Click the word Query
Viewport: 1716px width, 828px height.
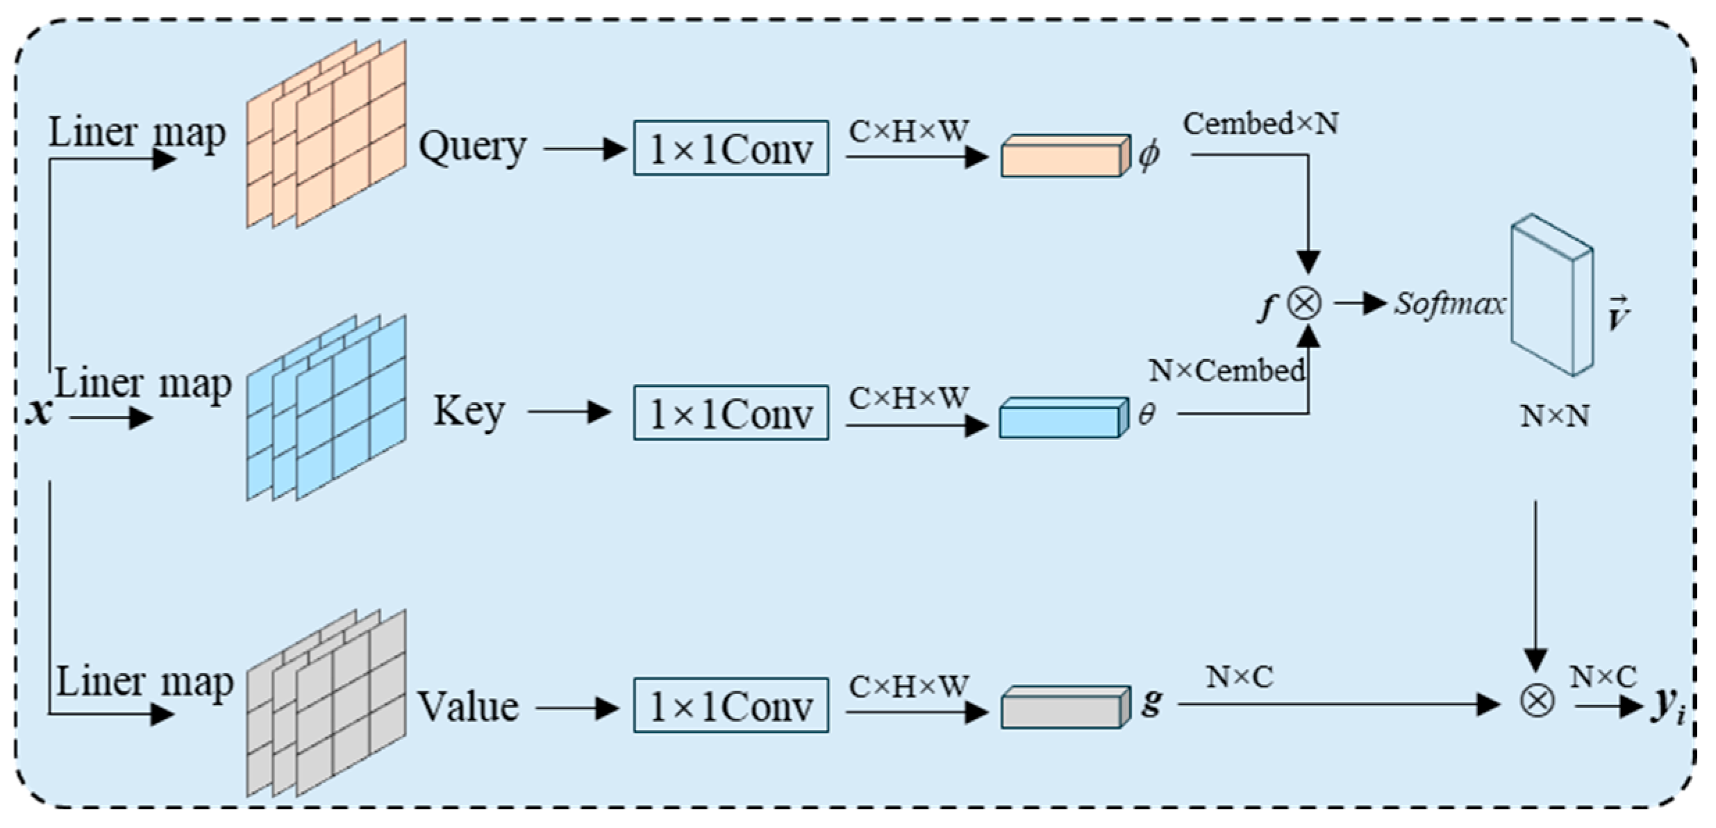tap(472, 148)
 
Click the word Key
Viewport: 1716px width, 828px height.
tap(469, 411)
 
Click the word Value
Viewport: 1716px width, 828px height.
tap(468, 707)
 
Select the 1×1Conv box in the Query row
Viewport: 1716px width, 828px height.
tap(731, 148)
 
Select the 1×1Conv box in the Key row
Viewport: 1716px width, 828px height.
tap(731, 413)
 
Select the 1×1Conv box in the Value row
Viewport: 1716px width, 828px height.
tap(731, 706)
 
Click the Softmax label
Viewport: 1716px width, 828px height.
tap(1450, 304)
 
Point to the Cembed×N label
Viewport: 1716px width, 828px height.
tap(1260, 124)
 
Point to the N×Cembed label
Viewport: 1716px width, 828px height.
tap(1226, 371)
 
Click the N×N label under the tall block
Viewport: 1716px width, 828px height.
tap(1554, 416)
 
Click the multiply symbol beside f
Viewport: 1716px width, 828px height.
tap(1304, 304)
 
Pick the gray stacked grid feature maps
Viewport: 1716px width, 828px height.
tap(326, 703)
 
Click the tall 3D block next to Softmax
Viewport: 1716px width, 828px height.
tap(1551, 295)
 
